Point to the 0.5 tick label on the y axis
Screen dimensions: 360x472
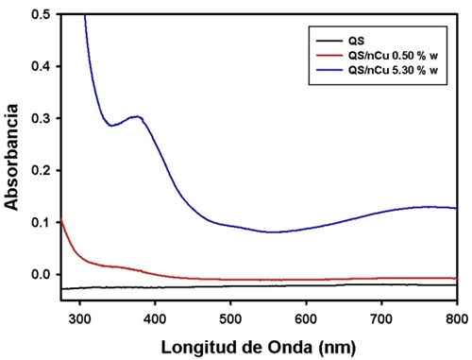coord(42,15)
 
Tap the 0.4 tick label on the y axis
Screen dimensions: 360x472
coord(42,67)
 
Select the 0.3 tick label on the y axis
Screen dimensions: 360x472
coord(42,119)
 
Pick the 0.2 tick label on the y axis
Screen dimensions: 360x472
coord(42,171)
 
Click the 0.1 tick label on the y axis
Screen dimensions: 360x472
coord(42,223)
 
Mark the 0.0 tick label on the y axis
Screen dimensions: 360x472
coord(42,275)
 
